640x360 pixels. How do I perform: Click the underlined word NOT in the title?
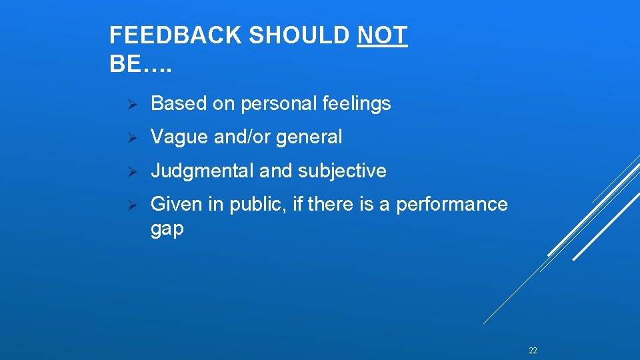[382, 36]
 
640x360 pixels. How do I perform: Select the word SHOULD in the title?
[300, 36]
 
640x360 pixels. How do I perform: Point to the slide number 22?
[533, 350]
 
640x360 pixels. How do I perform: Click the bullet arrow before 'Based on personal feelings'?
[132, 104]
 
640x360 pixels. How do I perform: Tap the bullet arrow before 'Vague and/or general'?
[132, 138]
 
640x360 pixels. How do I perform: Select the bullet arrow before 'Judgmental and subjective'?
[132, 171]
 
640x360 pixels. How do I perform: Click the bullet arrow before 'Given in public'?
[132, 205]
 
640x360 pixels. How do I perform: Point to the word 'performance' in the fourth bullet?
[451, 205]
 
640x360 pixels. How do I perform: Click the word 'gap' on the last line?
[167, 230]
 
